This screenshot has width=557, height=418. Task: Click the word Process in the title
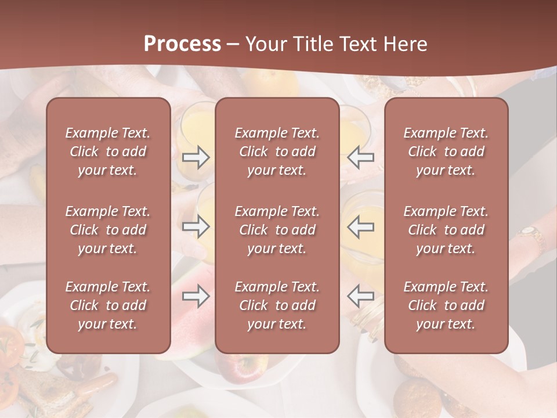(182, 44)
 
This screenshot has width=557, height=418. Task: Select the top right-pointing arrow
(196, 157)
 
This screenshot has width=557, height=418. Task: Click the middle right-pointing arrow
(196, 226)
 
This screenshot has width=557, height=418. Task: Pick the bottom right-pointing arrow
(196, 296)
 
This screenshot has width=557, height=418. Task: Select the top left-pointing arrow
(361, 157)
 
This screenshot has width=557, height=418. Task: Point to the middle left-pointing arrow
(361, 226)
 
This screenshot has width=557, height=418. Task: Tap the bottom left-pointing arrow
(361, 296)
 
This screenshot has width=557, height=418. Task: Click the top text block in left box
(108, 152)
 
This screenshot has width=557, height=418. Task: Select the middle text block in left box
(108, 230)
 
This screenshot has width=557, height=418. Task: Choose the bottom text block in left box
(108, 305)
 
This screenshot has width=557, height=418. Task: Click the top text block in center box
(277, 152)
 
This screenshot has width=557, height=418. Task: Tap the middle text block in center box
(277, 230)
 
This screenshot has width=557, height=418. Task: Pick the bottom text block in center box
(277, 305)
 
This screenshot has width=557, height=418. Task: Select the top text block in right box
(446, 152)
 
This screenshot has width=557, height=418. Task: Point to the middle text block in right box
(446, 230)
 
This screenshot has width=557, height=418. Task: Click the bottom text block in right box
(446, 305)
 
